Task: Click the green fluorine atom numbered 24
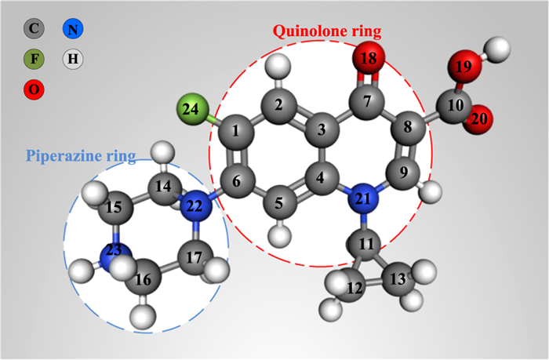coord(191,109)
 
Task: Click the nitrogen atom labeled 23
coord(115,252)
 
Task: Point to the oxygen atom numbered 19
coord(464,67)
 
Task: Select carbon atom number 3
coord(320,129)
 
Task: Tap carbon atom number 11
coord(367,245)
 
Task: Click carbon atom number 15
coord(115,208)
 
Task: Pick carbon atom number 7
coord(370,102)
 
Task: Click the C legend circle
coord(33,30)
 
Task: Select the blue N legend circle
coord(72,30)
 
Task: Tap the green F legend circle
coord(33,59)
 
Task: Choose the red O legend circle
coord(33,89)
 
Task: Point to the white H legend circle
coord(72,59)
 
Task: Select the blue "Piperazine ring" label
coord(81,155)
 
